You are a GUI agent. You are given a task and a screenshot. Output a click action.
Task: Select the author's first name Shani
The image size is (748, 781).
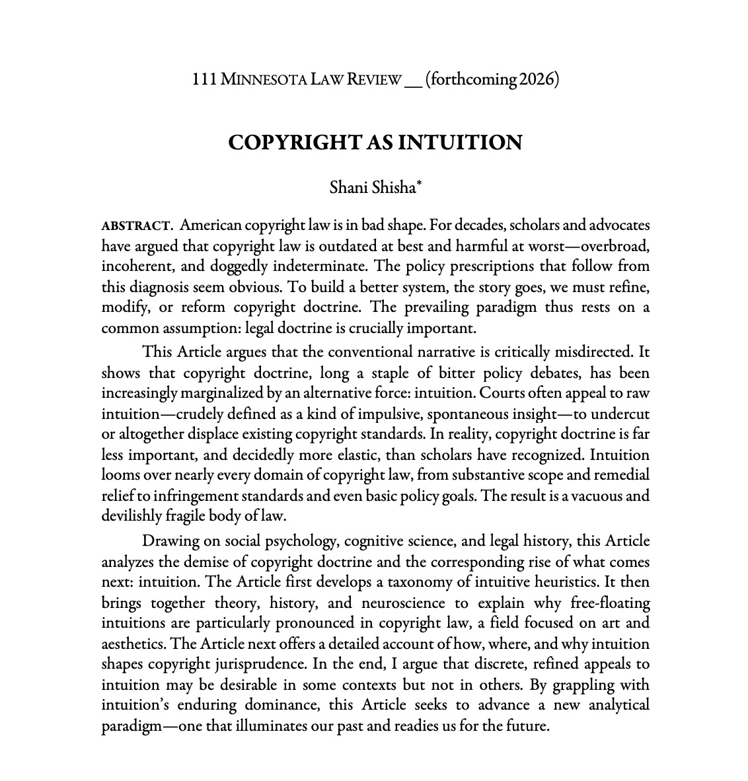(x=345, y=188)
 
